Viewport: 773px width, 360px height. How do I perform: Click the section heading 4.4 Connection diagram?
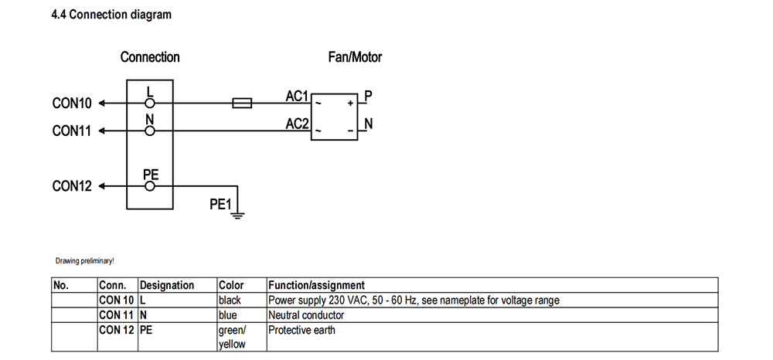point(111,15)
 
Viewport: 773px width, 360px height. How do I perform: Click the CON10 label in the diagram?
point(72,104)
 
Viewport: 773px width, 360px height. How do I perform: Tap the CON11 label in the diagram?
point(72,131)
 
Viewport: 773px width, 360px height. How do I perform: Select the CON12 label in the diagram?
point(72,186)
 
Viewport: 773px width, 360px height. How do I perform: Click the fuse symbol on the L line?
point(242,103)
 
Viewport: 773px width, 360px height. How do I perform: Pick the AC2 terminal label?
point(298,124)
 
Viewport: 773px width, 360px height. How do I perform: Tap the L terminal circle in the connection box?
point(150,103)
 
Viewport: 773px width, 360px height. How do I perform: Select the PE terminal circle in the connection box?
point(150,186)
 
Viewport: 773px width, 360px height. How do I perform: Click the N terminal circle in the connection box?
point(150,131)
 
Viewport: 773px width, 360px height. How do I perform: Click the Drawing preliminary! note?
point(85,261)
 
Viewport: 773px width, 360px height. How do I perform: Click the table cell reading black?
point(230,300)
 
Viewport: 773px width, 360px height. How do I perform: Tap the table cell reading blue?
point(228,315)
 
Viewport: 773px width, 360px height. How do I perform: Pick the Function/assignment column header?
point(316,285)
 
